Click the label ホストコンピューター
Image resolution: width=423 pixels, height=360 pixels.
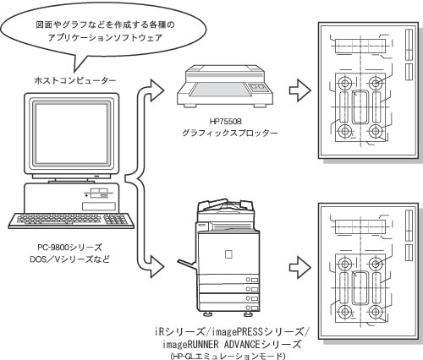[75, 81]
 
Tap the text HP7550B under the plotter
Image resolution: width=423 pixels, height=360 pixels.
[226, 122]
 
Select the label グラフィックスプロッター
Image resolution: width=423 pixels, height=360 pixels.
[229, 133]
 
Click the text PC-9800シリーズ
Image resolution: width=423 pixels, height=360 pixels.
[69, 248]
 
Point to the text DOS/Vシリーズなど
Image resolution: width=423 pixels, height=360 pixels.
[69, 259]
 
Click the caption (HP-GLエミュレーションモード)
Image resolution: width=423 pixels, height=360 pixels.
[228, 356]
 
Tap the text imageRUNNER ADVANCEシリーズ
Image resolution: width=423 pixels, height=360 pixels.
[232, 344]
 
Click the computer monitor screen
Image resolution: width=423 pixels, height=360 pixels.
[71, 134]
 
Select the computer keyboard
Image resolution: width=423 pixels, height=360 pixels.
[71, 220]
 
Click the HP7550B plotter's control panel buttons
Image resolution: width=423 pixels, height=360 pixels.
[257, 87]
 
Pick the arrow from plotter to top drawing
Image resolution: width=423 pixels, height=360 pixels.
[300, 90]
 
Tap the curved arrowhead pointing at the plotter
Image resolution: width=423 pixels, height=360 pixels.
[156, 90]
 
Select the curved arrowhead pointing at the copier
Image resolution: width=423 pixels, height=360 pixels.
[156, 266]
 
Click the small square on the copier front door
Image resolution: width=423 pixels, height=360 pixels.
[228, 254]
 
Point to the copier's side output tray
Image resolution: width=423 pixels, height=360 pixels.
[187, 265]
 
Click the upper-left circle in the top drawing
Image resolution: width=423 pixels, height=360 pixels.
[344, 83]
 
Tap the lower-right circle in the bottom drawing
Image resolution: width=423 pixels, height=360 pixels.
[376, 312]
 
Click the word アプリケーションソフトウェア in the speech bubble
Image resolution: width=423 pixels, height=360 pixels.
[105, 38]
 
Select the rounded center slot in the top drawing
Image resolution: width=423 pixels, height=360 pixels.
[360, 106]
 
